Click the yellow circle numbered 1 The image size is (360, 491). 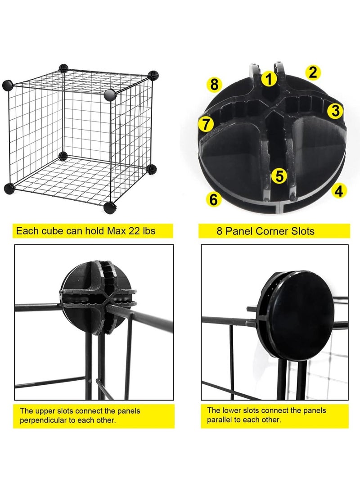(269, 79)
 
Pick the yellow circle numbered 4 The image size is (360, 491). (339, 191)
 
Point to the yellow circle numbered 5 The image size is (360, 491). (279, 176)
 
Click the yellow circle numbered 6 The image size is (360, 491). (214, 199)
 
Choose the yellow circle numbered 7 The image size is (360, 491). (206, 124)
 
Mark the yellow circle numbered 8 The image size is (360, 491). (214, 84)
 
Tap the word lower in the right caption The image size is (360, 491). (232, 410)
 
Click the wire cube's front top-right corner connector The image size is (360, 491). (110, 95)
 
